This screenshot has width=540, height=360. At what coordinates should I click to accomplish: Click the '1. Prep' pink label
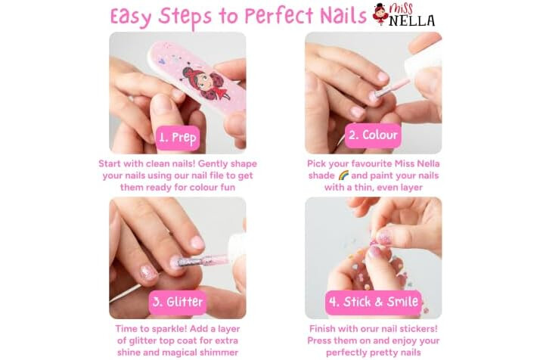(178, 138)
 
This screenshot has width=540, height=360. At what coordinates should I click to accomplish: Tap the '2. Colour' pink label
(373, 135)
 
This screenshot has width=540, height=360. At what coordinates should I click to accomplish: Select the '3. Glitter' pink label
(178, 302)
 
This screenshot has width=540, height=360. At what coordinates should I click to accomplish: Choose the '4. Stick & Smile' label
(374, 302)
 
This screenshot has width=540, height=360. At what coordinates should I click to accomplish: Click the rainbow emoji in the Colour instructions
(343, 175)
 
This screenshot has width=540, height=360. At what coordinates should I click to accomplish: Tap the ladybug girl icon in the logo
(381, 14)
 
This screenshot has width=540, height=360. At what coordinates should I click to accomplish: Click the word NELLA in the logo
(412, 20)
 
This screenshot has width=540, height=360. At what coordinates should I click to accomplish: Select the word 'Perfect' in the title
(280, 15)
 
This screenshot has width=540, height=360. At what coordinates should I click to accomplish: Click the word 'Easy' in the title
(131, 17)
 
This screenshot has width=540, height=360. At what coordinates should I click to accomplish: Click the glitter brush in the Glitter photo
(204, 260)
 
